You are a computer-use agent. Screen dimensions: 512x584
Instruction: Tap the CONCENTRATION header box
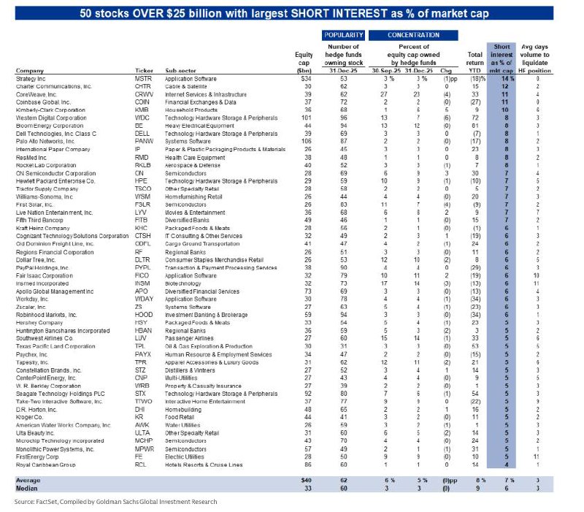click(408, 34)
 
